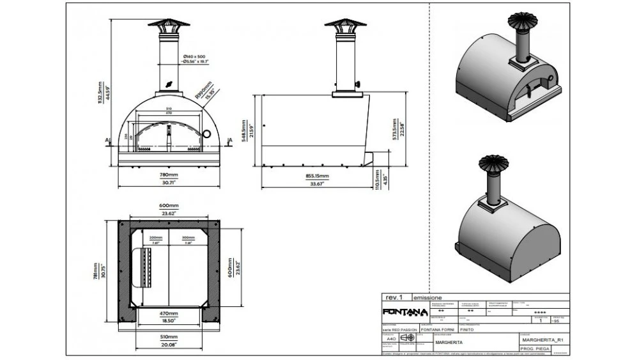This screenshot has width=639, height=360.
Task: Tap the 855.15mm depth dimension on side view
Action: (x=316, y=175)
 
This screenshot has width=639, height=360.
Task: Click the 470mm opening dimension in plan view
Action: (x=169, y=315)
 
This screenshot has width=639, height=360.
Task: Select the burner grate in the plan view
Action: (x=144, y=263)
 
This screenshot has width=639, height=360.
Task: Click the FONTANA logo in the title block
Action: (x=404, y=312)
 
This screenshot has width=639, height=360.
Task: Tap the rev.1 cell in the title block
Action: (x=395, y=297)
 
